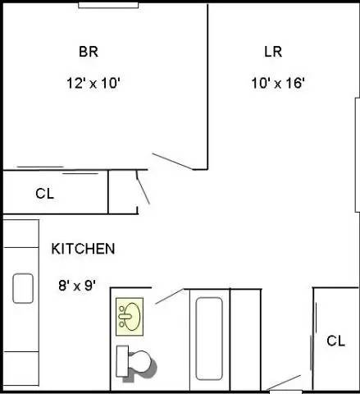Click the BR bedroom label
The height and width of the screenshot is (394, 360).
(x=89, y=52)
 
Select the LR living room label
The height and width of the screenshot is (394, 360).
(x=273, y=52)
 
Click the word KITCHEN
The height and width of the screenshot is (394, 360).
(x=83, y=248)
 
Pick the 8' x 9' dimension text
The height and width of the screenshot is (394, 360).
(x=77, y=286)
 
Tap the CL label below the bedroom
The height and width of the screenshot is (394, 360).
(x=44, y=194)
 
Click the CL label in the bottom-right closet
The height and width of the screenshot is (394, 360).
(x=335, y=340)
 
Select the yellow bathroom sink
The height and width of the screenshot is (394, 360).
(x=129, y=315)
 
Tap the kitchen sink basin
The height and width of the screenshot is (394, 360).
(x=22, y=288)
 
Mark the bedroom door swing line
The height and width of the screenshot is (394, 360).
(x=172, y=161)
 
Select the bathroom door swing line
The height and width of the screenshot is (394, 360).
(x=168, y=296)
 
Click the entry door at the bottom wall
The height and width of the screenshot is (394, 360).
(x=285, y=383)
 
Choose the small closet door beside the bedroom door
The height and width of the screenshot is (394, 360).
(x=142, y=189)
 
